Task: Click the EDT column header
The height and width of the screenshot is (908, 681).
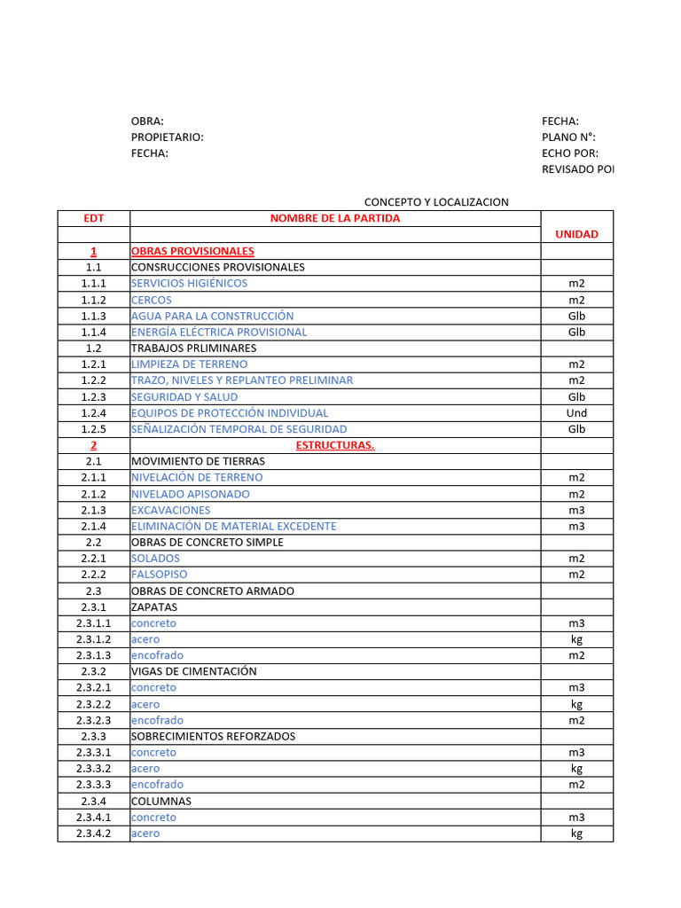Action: coord(93,218)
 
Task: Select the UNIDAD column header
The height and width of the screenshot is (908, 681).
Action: coord(576,234)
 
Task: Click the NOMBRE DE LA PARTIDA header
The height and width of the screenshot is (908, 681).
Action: coord(335,218)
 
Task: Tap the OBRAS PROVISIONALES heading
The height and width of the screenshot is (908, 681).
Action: coord(192,251)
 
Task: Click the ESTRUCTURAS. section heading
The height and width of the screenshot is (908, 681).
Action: coord(334,445)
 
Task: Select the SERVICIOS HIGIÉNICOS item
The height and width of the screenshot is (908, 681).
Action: coord(189,283)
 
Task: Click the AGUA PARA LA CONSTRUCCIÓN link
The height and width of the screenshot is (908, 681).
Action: coord(212,316)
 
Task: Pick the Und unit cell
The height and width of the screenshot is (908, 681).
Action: coord(576,412)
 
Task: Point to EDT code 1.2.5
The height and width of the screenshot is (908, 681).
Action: coord(93,429)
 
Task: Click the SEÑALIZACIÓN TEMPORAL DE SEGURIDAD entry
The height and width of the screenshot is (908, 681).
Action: coord(239,429)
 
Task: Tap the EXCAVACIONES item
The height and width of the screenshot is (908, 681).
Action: coord(170,510)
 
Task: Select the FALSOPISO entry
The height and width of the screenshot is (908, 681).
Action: coord(159,575)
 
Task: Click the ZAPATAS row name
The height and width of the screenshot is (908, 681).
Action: coord(154,607)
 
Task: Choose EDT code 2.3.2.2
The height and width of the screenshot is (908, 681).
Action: coord(93,704)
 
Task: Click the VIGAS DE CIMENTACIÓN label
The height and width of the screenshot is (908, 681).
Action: coord(193,671)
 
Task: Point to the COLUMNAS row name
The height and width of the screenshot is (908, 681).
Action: coord(160,801)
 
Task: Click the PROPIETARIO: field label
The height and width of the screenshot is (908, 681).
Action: coord(167,137)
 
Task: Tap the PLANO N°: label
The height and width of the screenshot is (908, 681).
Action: coord(568,137)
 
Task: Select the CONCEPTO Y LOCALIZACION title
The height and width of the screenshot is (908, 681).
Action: coord(436,202)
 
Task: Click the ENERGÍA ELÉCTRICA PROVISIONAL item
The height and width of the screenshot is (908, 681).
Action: coord(219,332)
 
